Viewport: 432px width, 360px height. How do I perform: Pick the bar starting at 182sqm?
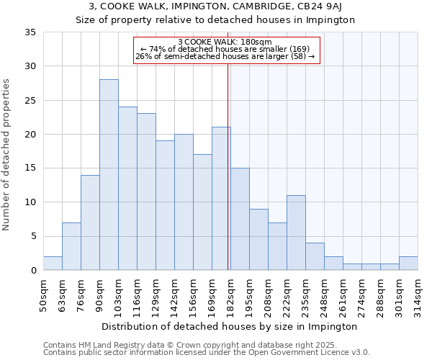(x=240, y=219)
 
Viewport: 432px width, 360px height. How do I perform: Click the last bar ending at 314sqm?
(x=408, y=264)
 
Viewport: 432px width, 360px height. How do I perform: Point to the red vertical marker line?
(x=228, y=166)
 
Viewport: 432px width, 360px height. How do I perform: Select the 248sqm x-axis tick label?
(x=325, y=292)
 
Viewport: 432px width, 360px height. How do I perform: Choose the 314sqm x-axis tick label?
(x=418, y=292)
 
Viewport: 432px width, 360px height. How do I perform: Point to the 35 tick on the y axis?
(x=30, y=32)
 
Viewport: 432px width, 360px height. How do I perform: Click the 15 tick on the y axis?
(x=30, y=168)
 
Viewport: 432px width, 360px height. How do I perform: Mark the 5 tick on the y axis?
(x=33, y=236)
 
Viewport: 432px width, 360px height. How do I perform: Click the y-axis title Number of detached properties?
(x=7, y=155)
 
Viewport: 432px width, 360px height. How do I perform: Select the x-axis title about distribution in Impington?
(x=230, y=326)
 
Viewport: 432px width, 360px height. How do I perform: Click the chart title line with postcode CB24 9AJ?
(x=216, y=6)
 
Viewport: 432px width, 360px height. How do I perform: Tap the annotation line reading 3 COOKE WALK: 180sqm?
(x=225, y=42)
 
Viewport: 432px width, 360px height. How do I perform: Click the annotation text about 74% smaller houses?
(x=225, y=49)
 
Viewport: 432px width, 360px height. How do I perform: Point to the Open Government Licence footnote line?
(x=207, y=352)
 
